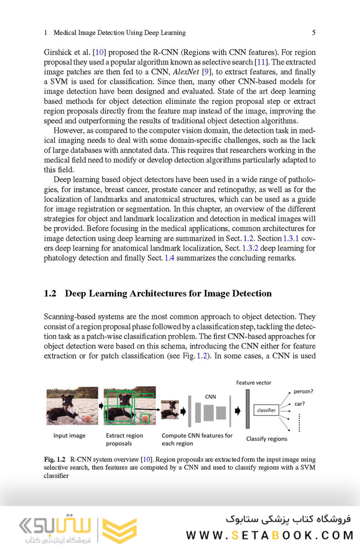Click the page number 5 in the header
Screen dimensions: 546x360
tap(314, 33)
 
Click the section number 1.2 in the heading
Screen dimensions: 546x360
tap(50, 294)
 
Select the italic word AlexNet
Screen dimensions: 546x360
tap(186, 72)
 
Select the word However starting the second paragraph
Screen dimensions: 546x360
tap(68, 131)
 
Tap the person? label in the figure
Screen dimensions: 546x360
tap(303, 391)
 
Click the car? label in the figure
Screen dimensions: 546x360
tap(300, 404)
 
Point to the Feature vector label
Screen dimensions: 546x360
tap(253, 382)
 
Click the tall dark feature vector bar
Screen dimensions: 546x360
tap(247, 409)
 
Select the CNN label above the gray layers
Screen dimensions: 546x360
tap(210, 397)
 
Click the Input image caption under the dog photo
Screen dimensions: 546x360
tap(69, 436)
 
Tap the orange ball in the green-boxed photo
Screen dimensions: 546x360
tap(145, 419)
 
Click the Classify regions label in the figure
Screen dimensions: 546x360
tap(266, 439)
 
